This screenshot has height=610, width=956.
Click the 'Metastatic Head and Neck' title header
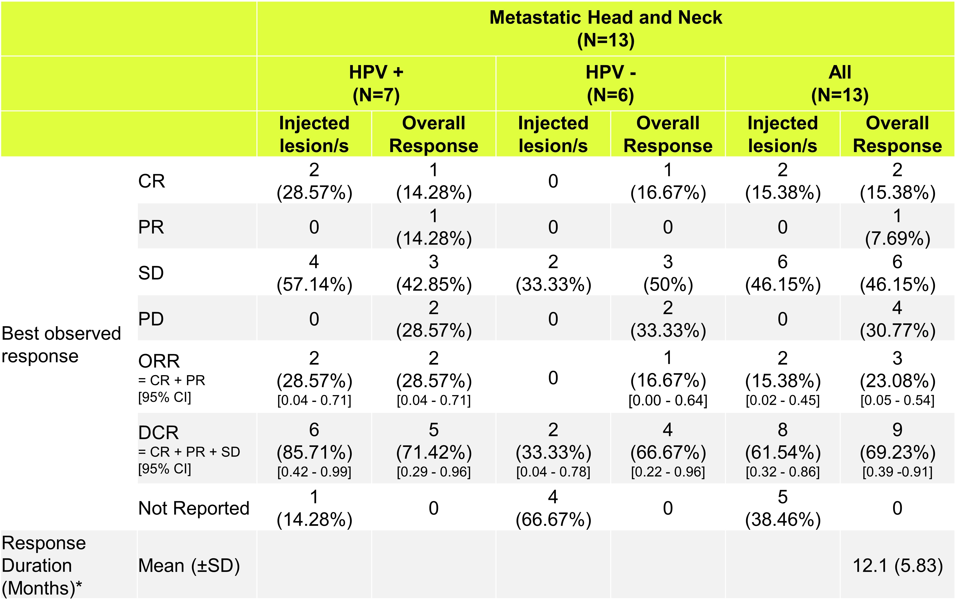(x=606, y=29)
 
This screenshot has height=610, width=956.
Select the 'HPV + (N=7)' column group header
(x=376, y=83)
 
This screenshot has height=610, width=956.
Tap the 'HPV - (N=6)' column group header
(x=610, y=83)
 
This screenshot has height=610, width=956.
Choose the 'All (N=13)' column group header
(x=840, y=83)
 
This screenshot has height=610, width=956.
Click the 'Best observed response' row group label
(x=61, y=345)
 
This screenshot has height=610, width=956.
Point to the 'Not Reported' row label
(x=194, y=508)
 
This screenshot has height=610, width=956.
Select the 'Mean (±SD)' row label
(x=189, y=566)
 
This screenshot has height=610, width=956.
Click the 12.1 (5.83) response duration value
(x=897, y=566)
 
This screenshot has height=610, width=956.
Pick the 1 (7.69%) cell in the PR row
(x=897, y=227)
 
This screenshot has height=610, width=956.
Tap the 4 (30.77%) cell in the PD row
(x=897, y=319)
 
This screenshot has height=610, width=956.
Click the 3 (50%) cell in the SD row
(x=668, y=273)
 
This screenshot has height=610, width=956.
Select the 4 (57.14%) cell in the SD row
(x=314, y=273)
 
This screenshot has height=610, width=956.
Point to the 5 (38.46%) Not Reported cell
(x=782, y=508)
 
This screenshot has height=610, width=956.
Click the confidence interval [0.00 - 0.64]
(x=668, y=401)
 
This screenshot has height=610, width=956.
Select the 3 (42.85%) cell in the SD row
(x=434, y=273)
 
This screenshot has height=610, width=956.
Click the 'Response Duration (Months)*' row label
(x=44, y=566)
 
